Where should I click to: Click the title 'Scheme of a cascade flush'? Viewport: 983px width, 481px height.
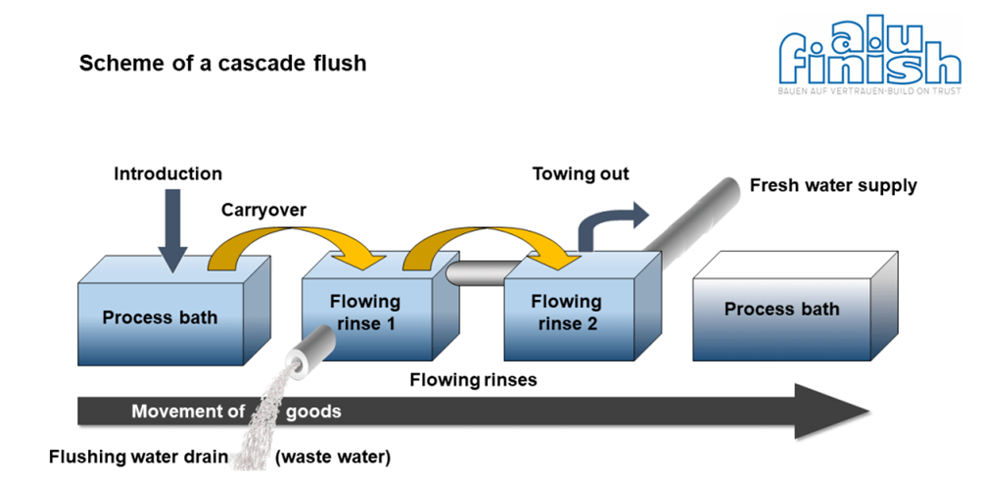click(222, 64)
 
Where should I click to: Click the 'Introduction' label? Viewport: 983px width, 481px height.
click(167, 174)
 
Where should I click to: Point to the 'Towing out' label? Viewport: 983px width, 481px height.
click(581, 174)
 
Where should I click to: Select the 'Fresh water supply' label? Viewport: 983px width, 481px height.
click(833, 185)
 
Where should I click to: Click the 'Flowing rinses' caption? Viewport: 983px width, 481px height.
click(473, 379)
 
